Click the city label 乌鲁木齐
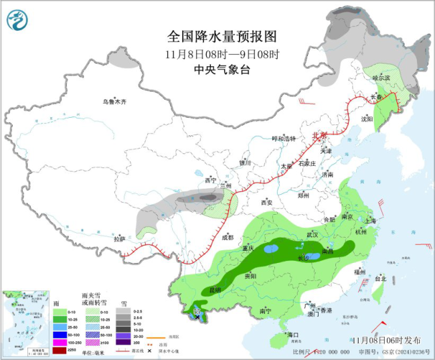114,102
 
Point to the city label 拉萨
119,239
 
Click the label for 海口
292,334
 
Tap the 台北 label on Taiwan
380,278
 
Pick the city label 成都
228,237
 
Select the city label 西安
267,202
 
